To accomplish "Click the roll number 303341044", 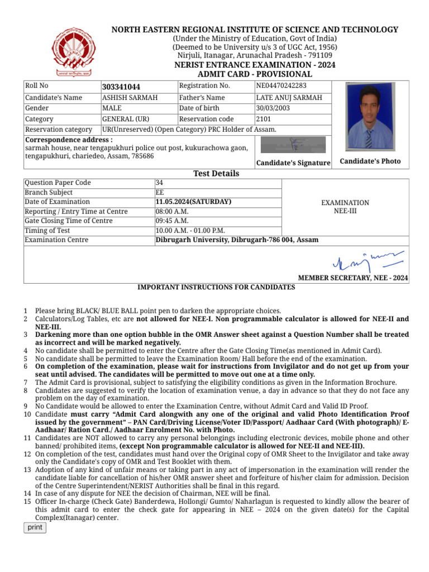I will tap(121, 87).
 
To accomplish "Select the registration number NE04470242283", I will tap(281, 86).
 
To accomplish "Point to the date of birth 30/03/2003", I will tap(273, 108).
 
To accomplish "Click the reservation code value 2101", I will tap(264, 119).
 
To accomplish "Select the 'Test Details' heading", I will tap(216, 173).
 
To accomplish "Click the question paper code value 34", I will tap(159, 183).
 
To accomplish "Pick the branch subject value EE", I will tap(160, 192).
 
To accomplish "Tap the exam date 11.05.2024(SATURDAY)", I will tap(193, 202).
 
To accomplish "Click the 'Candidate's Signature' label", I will tap(293, 163).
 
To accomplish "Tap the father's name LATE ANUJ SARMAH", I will tap(289, 98).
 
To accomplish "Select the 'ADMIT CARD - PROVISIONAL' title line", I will tap(255, 74).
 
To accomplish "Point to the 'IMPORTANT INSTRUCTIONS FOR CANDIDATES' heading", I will tap(216, 287).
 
